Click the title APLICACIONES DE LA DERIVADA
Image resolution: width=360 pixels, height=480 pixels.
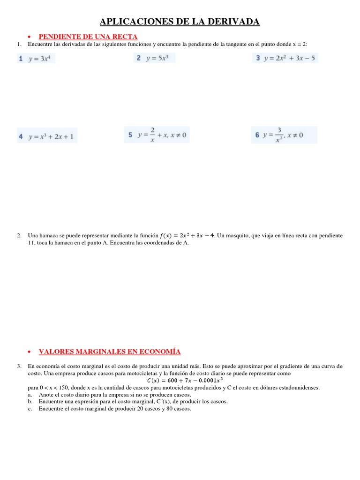pos(180,22)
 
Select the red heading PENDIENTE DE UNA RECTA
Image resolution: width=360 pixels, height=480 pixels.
pos(88,37)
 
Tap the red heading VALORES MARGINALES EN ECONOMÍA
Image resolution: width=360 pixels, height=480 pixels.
pos(109,352)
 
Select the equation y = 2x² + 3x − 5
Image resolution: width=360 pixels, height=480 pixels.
pos(290,59)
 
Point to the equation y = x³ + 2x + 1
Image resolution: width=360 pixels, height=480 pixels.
pos(51,137)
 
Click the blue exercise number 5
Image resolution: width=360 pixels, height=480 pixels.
pos(130,135)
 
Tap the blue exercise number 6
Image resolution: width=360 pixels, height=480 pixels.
pos(257,135)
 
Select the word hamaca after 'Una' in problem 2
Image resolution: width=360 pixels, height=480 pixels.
pos(50,235)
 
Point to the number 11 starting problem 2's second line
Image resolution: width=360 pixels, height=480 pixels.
pos(32,243)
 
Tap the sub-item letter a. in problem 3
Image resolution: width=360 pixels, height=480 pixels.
pos(30,395)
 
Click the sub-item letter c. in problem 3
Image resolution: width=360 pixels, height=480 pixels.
pos(30,408)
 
